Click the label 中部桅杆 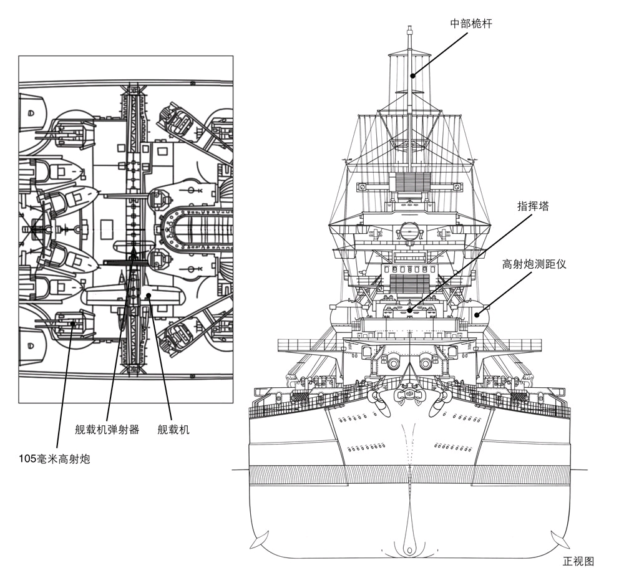[x=472, y=24]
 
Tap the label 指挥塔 [x=533, y=206]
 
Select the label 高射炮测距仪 [x=534, y=264]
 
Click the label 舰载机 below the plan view [x=173, y=430]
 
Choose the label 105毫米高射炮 [x=54, y=460]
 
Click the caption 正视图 [x=578, y=561]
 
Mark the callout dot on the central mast [x=412, y=76]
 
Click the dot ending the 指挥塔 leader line [x=409, y=309]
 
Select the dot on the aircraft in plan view [x=149, y=295]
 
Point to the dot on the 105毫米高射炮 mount [x=74, y=324]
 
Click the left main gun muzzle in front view [x=394, y=362]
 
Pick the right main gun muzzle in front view [x=426, y=362]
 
